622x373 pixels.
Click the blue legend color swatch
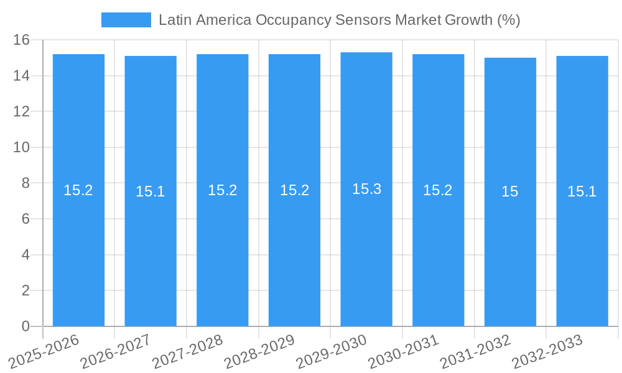tap(126, 20)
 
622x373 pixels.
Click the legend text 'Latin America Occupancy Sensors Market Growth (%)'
tap(339, 20)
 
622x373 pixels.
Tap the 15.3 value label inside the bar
tap(366, 189)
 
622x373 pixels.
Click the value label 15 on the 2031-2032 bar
tap(509, 191)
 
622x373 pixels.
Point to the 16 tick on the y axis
tap(22, 40)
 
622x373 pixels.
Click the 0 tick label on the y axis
tap(26, 326)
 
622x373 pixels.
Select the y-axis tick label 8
tap(26, 183)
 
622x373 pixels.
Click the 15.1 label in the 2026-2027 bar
tap(150, 191)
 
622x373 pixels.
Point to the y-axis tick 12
tap(22, 112)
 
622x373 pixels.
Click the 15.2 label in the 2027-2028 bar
tap(222, 190)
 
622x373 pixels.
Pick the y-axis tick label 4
tap(26, 255)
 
